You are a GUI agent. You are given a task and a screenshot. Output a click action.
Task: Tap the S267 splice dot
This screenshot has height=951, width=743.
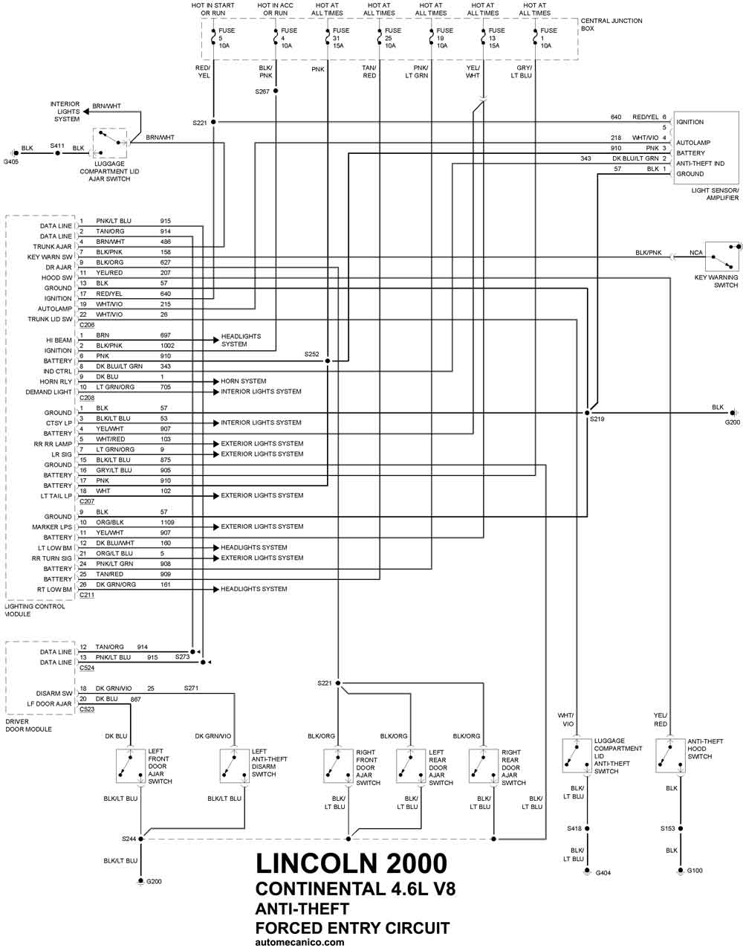(x=276, y=91)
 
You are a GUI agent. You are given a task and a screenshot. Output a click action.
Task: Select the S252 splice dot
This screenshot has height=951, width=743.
(x=328, y=361)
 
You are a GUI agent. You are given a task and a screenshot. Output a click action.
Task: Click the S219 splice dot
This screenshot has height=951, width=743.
(x=587, y=413)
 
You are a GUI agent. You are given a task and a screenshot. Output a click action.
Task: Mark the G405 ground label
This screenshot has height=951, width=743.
(x=11, y=162)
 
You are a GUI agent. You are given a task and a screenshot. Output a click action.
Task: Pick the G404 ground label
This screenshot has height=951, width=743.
(x=603, y=873)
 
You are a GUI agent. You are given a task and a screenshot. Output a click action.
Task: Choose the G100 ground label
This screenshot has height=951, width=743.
(x=695, y=871)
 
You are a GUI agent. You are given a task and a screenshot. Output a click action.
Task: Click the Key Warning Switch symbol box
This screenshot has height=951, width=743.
(x=722, y=257)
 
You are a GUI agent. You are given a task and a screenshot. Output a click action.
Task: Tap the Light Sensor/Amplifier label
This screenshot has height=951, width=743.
(x=715, y=194)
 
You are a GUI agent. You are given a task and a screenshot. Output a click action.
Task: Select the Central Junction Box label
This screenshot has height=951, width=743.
(x=611, y=25)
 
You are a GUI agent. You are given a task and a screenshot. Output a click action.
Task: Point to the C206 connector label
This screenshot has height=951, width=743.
(x=87, y=325)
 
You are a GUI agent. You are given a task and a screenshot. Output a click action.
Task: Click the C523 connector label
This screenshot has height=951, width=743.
(x=87, y=709)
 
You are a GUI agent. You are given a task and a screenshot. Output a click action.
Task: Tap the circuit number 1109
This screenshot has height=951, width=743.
(x=167, y=522)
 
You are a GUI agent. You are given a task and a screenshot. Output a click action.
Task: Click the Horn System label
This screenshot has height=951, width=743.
(x=243, y=381)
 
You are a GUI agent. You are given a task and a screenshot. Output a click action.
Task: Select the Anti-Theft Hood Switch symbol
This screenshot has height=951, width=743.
(x=670, y=755)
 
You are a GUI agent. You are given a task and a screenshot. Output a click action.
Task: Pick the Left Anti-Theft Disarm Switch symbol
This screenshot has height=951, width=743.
(x=234, y=766)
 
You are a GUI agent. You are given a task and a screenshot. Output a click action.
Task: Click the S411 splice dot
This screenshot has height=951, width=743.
(x=57, y=153)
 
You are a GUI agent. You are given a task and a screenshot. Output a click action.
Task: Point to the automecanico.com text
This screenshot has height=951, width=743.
(x=299, y=943)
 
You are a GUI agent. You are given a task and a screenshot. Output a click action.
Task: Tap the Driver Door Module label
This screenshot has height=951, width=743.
(x=28, y=726)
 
